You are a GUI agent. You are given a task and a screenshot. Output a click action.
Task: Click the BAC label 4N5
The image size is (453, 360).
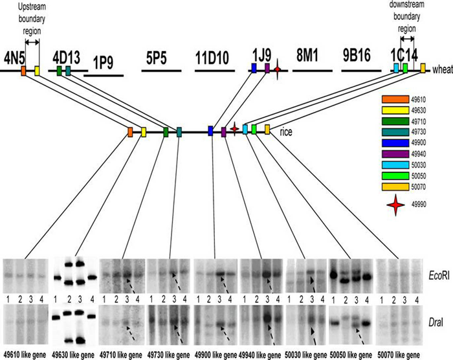[16, 55]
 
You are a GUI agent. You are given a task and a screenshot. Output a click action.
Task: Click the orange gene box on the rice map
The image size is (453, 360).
[130, 132]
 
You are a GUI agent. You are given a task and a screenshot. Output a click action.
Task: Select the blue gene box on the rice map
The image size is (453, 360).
[211, 131]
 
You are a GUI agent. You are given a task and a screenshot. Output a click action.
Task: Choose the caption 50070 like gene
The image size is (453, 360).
[398, 355]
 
